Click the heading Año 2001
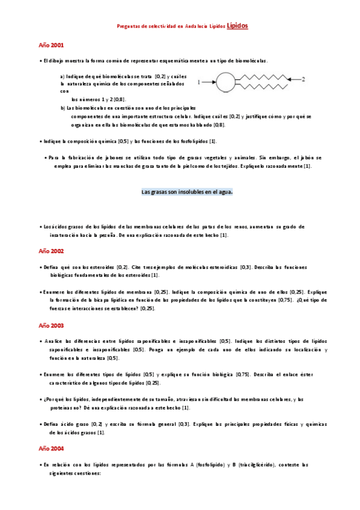pos(51,45)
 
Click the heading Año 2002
pos(51,251)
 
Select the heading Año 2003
pos(51,325)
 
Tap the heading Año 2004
pos(51,449)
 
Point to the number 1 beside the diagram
pos(198,82)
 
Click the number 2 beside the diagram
pos(304,79)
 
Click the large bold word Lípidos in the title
pos(237,26)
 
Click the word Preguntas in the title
pos(129,26)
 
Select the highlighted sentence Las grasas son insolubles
pos(187,192)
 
